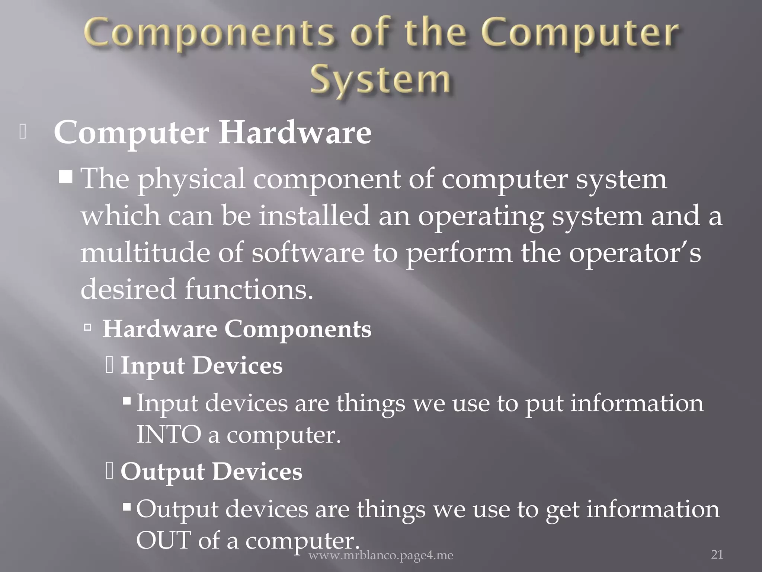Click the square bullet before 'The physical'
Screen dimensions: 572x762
[x=65, y=175]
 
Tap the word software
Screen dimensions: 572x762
[x=308, y=252]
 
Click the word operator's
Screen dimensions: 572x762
[x=635, y=252]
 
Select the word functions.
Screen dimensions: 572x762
[x=249, y=289]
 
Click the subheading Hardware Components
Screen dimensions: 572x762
[x=237, y=329]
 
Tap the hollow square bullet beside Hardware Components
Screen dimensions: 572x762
[x=88, y=328]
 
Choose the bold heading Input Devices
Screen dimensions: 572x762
[x=201, y=365]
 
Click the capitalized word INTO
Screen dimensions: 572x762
[x=169, y=435]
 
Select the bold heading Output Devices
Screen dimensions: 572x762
[x=211, y=471]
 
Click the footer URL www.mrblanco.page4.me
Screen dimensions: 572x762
[x=381, y=556]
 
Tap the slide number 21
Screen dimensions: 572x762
[x=717, y=554]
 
